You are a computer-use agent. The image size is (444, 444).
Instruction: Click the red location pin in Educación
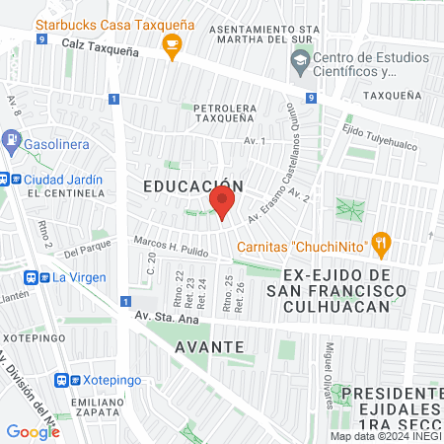pyautogui.click(x=221, y=205)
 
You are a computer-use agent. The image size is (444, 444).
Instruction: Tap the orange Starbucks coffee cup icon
pyautogui.click(x=173, y=43)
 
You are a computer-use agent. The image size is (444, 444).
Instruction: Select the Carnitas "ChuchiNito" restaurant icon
pyautogui.click(x=382, y=243)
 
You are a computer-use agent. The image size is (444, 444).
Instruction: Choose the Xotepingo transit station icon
pyautogui.click(x=64, y=379)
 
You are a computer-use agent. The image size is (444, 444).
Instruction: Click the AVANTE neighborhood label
pyautogui.click(x=208, y=346)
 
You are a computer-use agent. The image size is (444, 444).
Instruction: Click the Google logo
pyautogui.click(x=33, y=431)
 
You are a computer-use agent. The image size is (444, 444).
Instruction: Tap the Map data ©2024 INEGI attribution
pyautogui.click(x=385, y=436)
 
